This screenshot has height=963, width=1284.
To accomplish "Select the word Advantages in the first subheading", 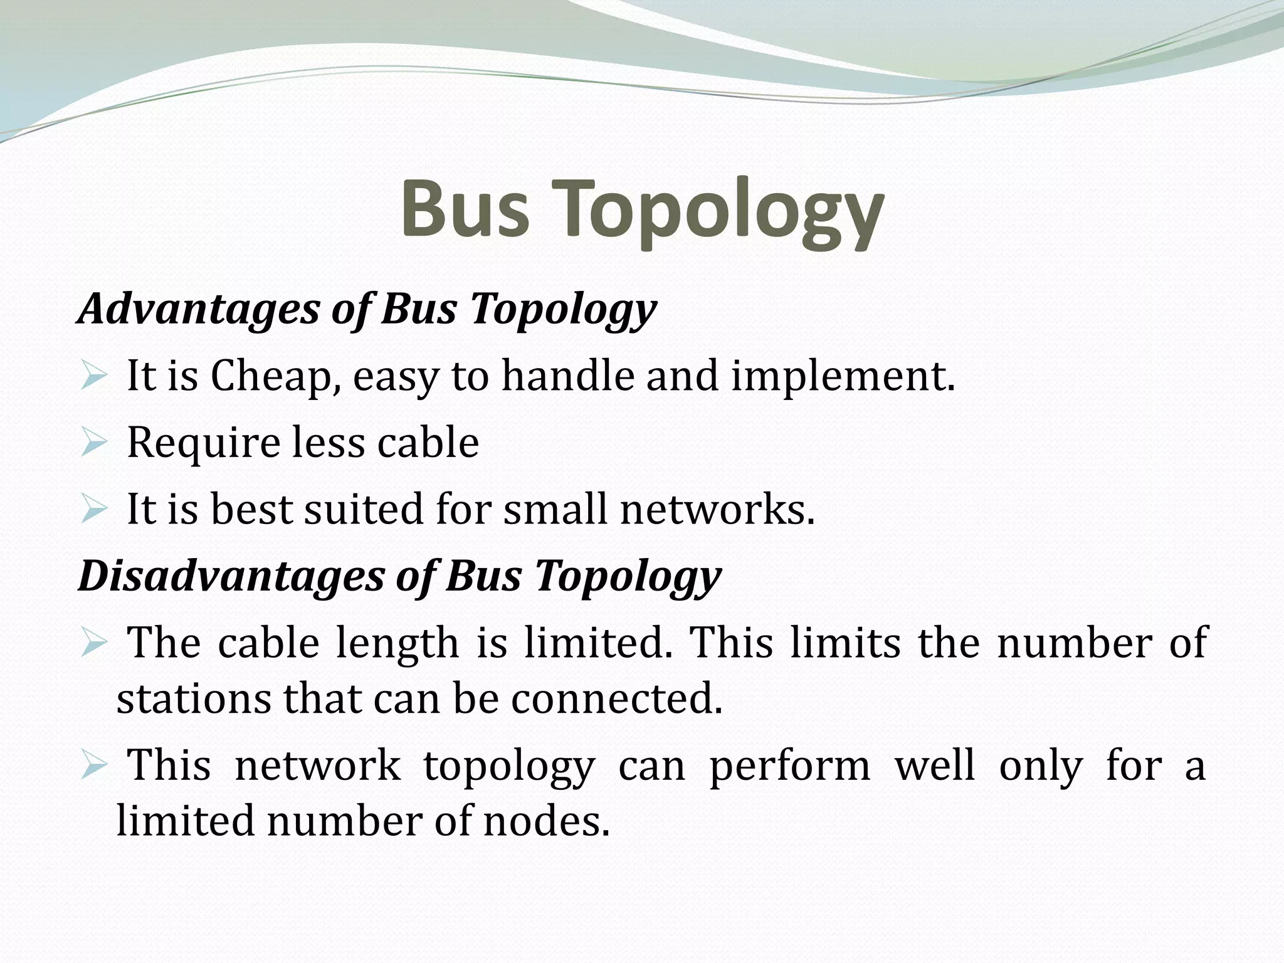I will pos(198,309).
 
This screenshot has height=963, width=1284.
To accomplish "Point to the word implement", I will pos(843,377).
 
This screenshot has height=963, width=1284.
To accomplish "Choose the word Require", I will pos(199,443).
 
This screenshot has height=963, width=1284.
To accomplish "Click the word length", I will pos(397,644).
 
